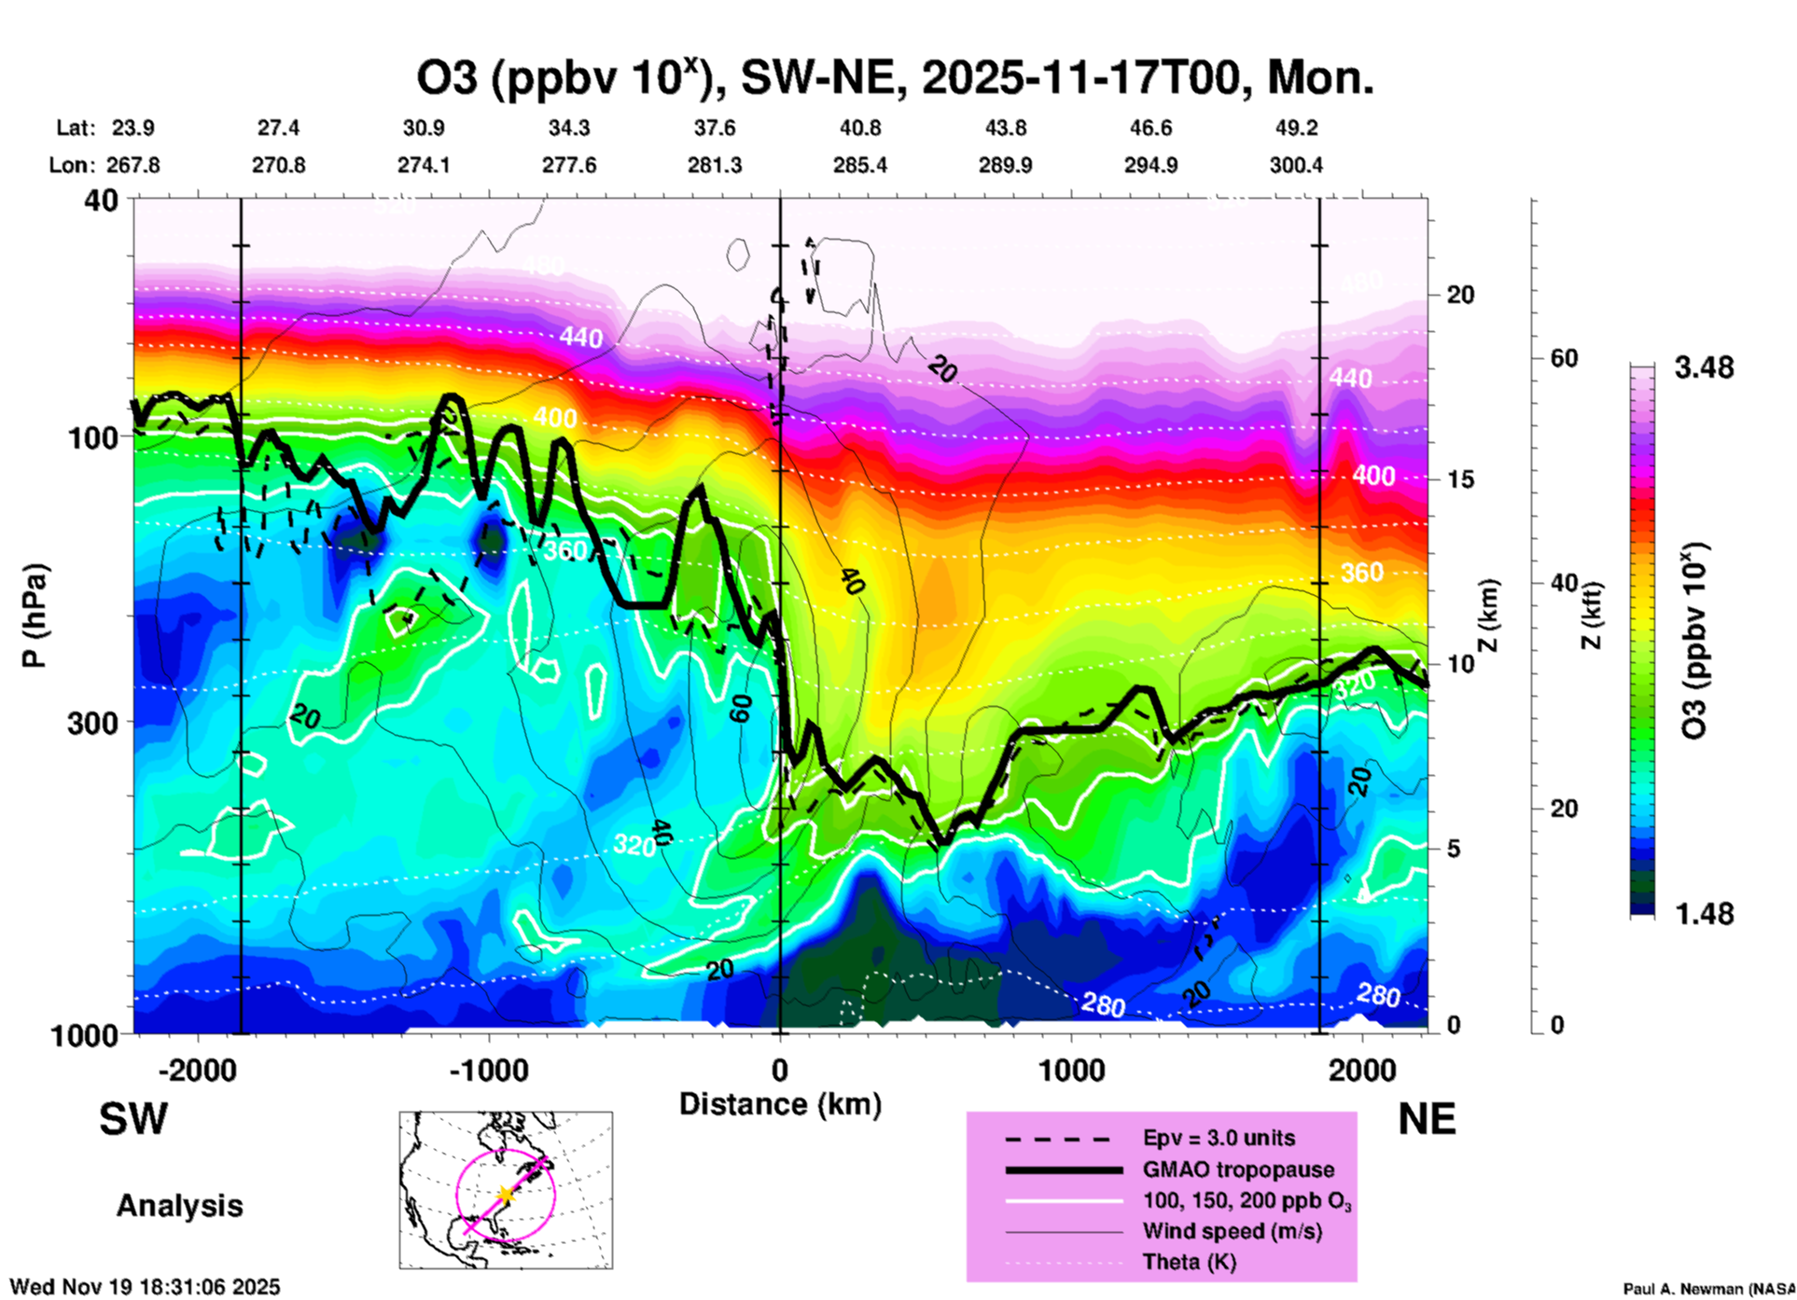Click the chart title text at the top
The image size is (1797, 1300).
(894, 78)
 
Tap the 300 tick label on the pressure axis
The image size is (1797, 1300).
(91, 723)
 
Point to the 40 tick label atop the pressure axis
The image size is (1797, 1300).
(103, 201)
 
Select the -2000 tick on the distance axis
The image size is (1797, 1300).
(197, 1071)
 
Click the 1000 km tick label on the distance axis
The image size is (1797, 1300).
(1071, 1071)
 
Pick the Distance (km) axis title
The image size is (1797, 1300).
(780, 1104)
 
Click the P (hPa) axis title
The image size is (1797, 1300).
(35, 615)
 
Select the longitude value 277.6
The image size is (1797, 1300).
(569, 165)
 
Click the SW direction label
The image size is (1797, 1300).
(133, 1119)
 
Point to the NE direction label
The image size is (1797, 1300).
(1427, 1119)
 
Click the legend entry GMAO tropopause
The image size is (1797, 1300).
(1238, 1169)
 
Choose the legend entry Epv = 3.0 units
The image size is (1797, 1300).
(1219, 1138)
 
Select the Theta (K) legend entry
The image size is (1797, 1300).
(1189, 1262)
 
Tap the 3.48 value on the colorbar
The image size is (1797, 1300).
(1704, 368)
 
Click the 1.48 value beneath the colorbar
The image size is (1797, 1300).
(1704, 914)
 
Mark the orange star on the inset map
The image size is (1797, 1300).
(505, 1195)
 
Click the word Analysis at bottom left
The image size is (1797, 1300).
(179, 1206)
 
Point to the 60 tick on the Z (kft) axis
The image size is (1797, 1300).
(1564, 358)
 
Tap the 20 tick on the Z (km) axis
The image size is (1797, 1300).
(1460, 295)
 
